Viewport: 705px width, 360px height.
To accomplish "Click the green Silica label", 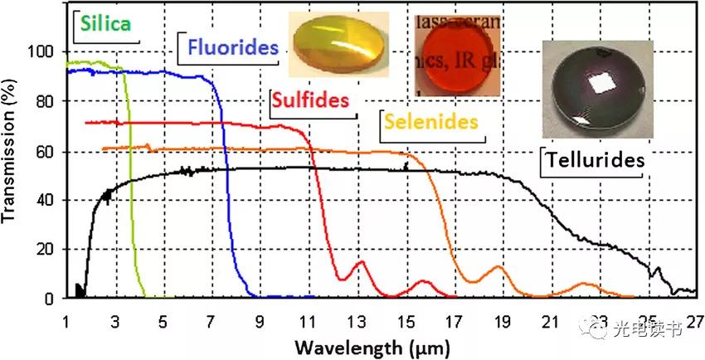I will (x=104, y=24).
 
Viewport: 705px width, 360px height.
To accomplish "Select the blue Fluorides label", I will (x=232, y=47).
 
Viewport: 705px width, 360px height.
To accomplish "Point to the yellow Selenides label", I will (x=431, y=122).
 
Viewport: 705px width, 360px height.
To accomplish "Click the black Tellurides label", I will (x=595, y=160).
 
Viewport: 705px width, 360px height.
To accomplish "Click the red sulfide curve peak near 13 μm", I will (x=361, y=263).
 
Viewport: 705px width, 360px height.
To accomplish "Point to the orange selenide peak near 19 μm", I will (x=498, y=267).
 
